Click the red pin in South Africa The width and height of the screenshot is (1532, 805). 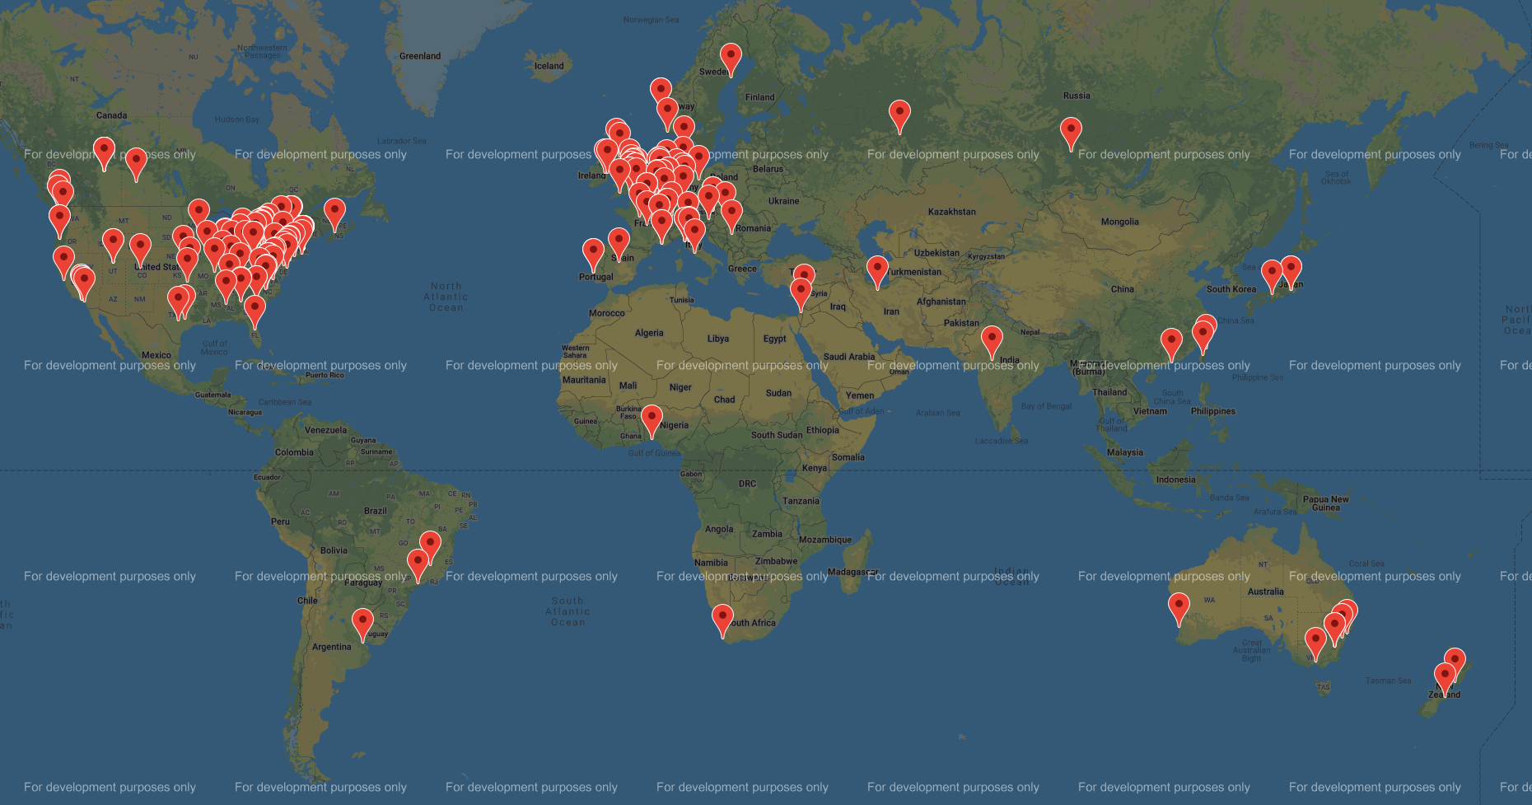coord(722,618)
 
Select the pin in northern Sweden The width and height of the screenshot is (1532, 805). coord(731,57)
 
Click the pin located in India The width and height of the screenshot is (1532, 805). coord(992,339)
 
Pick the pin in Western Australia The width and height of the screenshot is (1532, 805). coord(1179,606)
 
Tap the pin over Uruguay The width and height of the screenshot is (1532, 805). coord(362,622)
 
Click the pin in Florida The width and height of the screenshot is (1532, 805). coord(255,309)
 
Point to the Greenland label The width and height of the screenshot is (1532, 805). coord(420,56)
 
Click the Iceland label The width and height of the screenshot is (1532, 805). coord(549,66)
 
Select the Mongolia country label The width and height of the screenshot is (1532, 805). coord(1119,222)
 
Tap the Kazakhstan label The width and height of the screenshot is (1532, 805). coord(951,212)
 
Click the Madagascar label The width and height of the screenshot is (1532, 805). coord(853,572)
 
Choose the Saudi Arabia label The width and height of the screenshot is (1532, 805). coord(849,357)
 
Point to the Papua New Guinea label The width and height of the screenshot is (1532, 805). coord(1326,503)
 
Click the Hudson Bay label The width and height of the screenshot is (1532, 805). coord(237,119)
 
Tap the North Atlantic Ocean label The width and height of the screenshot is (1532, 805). coord(446,297)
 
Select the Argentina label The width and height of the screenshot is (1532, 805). coord(331,647)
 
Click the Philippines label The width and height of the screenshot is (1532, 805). coord(1212,411)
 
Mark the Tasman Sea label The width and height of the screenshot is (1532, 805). coord(1388,681)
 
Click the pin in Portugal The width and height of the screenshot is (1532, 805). coord(593,252)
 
